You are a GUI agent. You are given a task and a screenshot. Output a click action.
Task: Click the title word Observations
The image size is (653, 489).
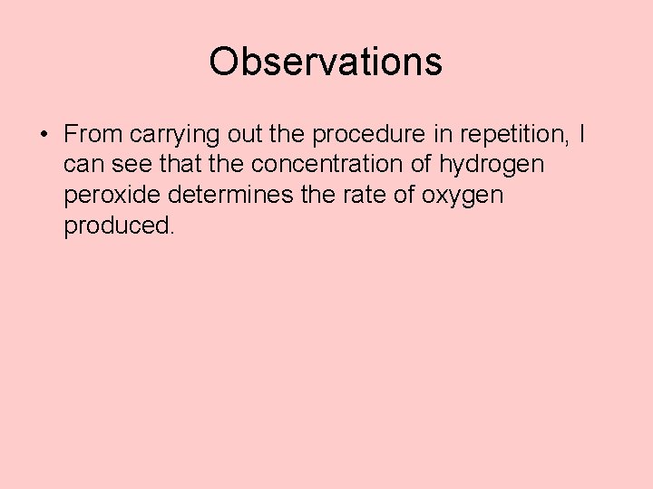tap(326, 62)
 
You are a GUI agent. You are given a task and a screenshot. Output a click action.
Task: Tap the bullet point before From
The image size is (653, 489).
tap(44, 135)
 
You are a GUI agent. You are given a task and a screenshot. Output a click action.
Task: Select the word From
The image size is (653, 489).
tap(93, 135)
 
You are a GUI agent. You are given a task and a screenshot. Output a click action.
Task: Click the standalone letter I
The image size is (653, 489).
tap(581, 135)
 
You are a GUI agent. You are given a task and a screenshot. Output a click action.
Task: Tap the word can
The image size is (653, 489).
tap(83, 166)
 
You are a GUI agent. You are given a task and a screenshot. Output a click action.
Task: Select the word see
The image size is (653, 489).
tap(132, 166)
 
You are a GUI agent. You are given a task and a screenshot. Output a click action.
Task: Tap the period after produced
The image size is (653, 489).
tap(170, 233)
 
